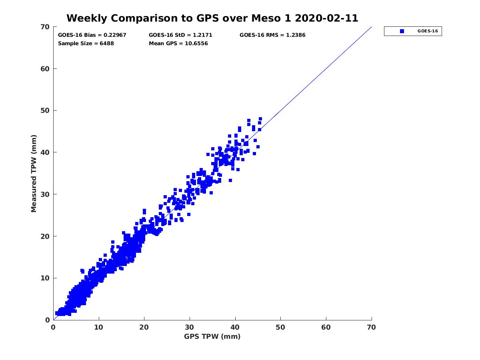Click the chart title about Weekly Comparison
click(212, 18)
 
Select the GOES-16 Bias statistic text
click(92, 35)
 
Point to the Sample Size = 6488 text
click(86, 43)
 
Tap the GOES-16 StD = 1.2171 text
click(180, 35)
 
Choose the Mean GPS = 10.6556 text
click(178, 43)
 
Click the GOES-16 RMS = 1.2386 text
click(272, 35)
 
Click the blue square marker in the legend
click(402, 31)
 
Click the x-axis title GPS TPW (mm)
click(212, 336)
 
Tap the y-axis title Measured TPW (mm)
click(34, 173)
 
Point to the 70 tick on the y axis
click(45, 27)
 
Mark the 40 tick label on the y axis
click(45, 152)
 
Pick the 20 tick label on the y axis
click(45, 236)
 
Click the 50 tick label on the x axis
click(281, 327)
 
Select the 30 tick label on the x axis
click(190, 327)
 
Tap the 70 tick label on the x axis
click(372, 327)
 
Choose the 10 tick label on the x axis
click(99, 327)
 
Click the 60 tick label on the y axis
click(45, 69)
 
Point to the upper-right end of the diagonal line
click(372, 27)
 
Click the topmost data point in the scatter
click(260, 119)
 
